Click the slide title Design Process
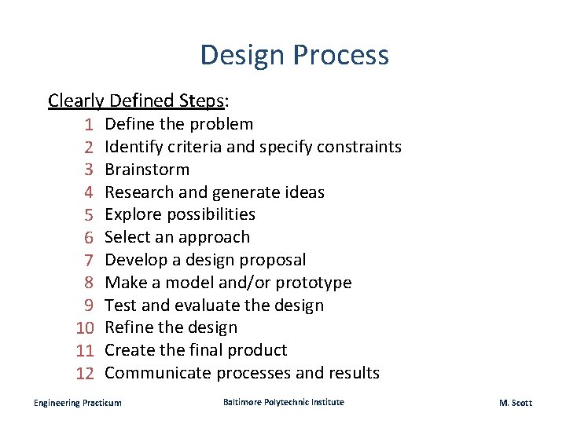pyautogui.click(x=294, y=55)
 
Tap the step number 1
pyautogui.click(x=90, y=124)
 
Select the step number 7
pyautogui.click(x=90, y=260)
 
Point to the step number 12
pyautogui.click(x=85, y=374)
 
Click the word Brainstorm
pyautogui.click(x=147, y=170)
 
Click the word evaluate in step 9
pyautogui.click(x=207, y=305)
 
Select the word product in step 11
pyautogui.click(x=255, y=350)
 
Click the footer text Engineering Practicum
pyautogui.click(x=78, y=403)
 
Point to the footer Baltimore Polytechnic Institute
pyautogui.click(x=283, y=402)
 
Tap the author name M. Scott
pyautogui.click(x=515, y=403)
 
